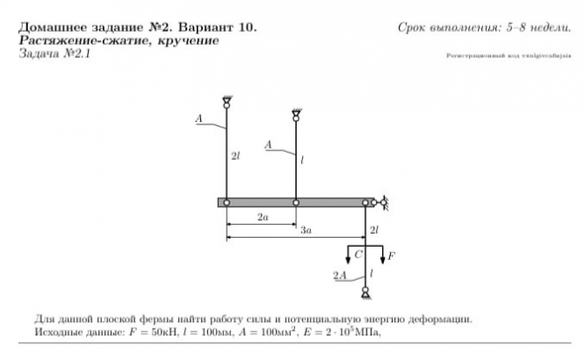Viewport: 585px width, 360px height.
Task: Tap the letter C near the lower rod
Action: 358,254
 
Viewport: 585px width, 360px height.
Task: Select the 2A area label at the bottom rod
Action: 339,276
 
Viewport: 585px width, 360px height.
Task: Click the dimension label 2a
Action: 263,217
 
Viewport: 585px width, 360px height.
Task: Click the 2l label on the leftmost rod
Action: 235,156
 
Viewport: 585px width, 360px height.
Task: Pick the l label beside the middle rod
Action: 301,162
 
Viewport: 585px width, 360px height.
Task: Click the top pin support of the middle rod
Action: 296,113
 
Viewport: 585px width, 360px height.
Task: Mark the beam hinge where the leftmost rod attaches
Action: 227,203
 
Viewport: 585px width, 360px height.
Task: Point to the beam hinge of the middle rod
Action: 296,203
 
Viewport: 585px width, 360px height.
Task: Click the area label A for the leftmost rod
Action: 201,118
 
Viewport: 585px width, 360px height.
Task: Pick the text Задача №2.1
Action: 54,54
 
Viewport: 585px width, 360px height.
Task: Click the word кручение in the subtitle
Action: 184,40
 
